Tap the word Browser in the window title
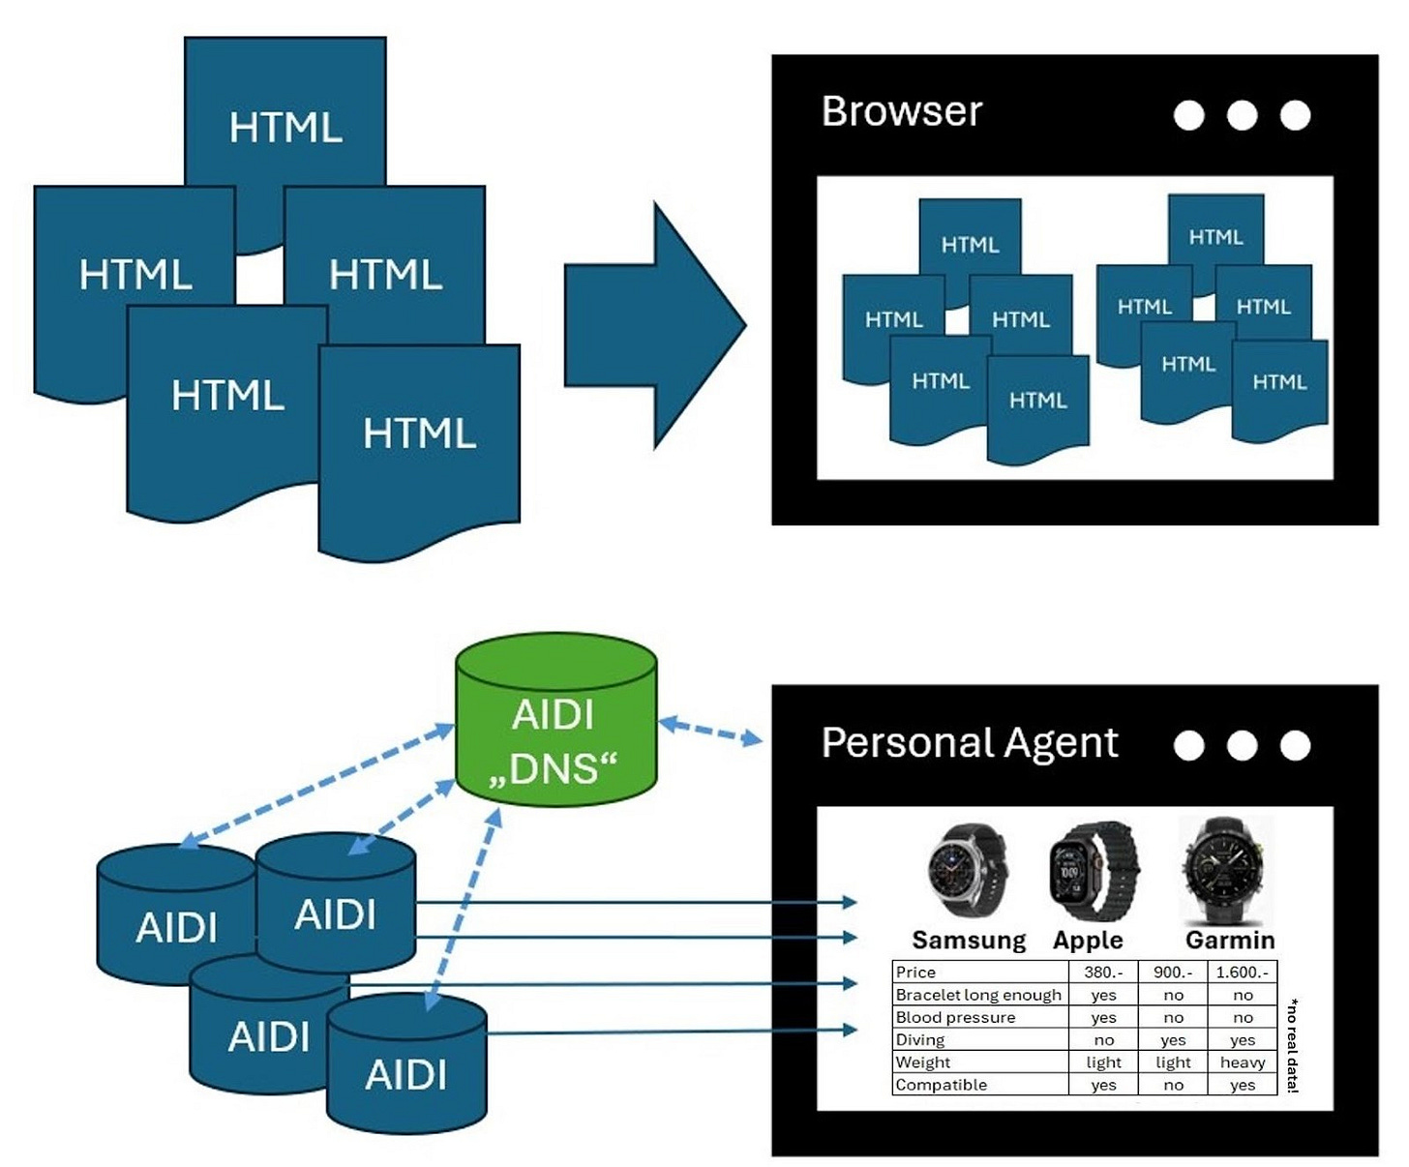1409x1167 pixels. (901, 111)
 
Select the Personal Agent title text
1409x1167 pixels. (969, 743)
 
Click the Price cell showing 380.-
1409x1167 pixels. (1103, 972)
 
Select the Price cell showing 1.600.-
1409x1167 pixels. (1243, 972)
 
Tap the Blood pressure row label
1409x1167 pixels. (955, 1017)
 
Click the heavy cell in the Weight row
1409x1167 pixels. (1243, 1062)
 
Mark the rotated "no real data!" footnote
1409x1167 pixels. (1293, 1045)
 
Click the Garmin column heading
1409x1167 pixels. (1229, 940)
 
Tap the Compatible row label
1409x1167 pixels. (941, 1085)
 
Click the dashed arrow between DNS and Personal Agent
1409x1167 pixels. (710, 732)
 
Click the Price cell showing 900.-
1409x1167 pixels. (1173, 972)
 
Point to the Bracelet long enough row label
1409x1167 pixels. (978, 995)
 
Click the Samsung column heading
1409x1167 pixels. (969, 940)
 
